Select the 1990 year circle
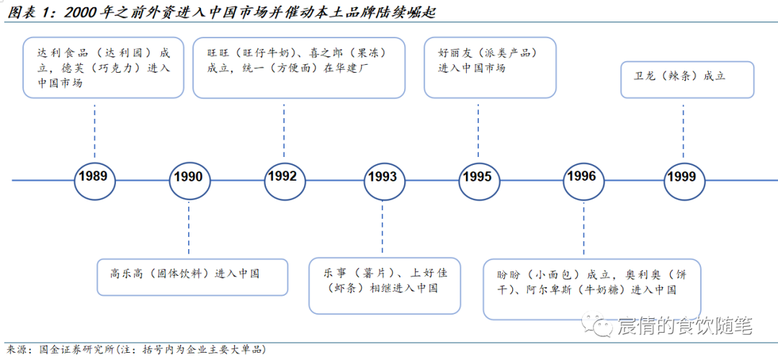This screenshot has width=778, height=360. (188, 177)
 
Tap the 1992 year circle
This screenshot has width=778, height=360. (283, 176)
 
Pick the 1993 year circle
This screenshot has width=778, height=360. (382, 177)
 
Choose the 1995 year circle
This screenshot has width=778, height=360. (478, 177)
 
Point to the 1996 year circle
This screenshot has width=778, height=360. (581, 176)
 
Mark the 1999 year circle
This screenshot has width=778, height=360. (681, 177)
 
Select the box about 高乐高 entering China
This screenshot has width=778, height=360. (192, 276)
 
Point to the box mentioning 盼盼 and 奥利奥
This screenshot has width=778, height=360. (592, 289)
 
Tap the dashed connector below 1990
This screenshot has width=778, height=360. (188, 229)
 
